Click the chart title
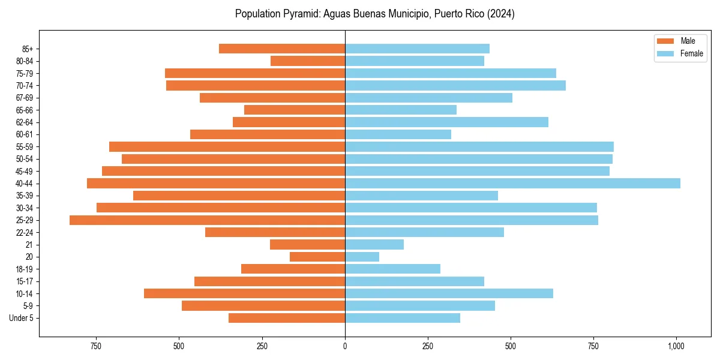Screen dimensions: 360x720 pyautogui.click(x=374, y=14)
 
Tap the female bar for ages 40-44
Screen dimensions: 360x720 pyautogui.click(x=512, y=184)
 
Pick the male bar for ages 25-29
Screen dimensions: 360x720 pyautogui.click(x=207, y=220)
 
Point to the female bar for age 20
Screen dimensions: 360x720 pyautogui.click(x=362, y=257)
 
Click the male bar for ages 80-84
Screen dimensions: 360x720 pyautogui.click(x=308, y=61)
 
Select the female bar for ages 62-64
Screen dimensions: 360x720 pyautogui.click(x=446, y=122)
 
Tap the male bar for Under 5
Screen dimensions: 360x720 pyautogui.click(x=287, y=318)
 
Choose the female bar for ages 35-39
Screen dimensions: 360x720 pyautogui.click(x=421, y=196)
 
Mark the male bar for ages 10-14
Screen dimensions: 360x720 pyautogui.click(x=244, y=293)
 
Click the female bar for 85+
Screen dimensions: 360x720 pyautogui.click(x=417, y=49)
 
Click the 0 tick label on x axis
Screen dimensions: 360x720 pyautogui.click(x=345, y=346)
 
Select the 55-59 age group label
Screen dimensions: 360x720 pyautogui.click(x=25, y=147)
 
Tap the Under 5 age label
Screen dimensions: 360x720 pyautogui.click(x=22, y=318)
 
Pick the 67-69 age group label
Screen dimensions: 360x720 pyautogui.click(x=25, y=98)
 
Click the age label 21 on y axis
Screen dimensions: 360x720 pyautogui.click(x=29, y=245)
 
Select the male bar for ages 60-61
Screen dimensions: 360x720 pyautogui.click(x=268, y=134)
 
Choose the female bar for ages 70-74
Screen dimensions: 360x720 pyautogui.click(x=455, y=86)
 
